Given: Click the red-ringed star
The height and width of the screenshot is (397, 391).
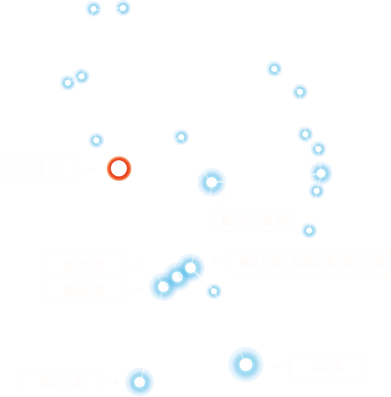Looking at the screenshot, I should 119,168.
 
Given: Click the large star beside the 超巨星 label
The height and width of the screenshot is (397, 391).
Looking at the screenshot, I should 246,364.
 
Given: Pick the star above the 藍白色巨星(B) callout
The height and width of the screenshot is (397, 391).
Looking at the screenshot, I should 211,183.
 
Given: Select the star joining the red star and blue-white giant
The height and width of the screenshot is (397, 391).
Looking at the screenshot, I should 181,137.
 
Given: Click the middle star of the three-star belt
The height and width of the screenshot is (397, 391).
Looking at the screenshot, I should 177,277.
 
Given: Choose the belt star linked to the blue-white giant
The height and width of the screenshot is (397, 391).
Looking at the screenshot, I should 190,268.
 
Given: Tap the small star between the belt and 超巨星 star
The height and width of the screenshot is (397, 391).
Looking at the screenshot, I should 214,291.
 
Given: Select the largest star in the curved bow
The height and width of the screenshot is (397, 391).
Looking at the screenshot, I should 321,173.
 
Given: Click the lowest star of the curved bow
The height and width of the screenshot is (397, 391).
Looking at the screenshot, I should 309,230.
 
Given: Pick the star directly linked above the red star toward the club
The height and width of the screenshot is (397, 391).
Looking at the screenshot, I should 96,140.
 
